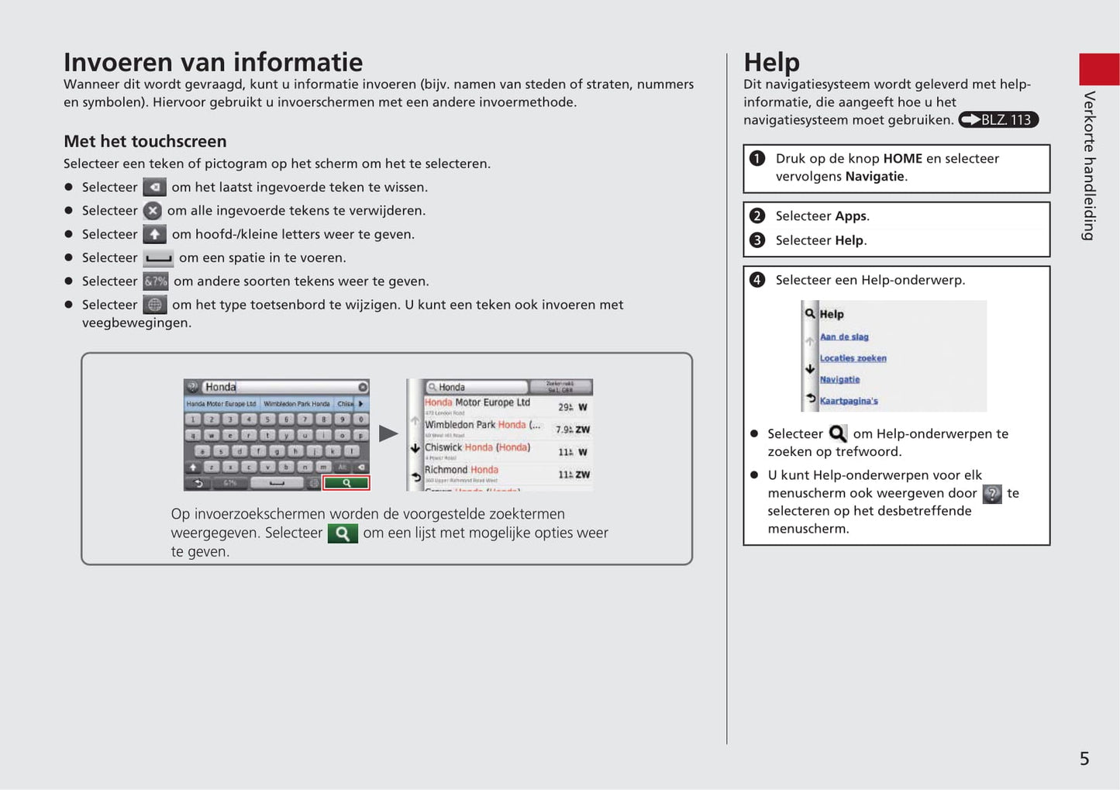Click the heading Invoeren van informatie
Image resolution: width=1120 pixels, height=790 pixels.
click(213, 62)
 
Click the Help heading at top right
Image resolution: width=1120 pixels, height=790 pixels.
click(771, 62)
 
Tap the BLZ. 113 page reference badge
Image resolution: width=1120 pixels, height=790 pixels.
click(998, 119)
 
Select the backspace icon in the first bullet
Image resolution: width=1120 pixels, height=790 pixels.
click(154, 187)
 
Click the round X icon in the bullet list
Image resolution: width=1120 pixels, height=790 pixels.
click(153, 211)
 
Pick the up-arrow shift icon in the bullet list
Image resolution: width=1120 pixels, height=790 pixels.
click(154, 234)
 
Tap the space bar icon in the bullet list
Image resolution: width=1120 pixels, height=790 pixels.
click(158, 258)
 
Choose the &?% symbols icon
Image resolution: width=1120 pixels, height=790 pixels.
click(156, 281)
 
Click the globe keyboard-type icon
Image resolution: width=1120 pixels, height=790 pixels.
click(155, 305)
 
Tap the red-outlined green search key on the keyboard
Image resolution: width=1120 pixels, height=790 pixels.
click(346, 483)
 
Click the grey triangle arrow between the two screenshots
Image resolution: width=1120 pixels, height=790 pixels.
click(388, 433)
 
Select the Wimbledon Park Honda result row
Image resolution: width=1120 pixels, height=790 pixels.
click(482, 425)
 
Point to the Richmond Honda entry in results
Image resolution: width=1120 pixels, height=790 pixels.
click(462, 470)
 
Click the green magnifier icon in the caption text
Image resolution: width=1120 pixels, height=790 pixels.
click(343, 533)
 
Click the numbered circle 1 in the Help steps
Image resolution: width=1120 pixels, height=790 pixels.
click(757, 158)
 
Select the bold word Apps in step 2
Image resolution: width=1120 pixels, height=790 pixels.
click(850, 216)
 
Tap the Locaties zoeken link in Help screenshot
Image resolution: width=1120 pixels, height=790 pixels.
click(853, 358)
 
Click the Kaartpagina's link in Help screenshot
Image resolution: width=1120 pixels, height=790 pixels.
click(849, 401)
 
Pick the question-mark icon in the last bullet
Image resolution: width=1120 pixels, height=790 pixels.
click(991, 494)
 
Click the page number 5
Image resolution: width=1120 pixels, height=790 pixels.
click(1084, 759)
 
